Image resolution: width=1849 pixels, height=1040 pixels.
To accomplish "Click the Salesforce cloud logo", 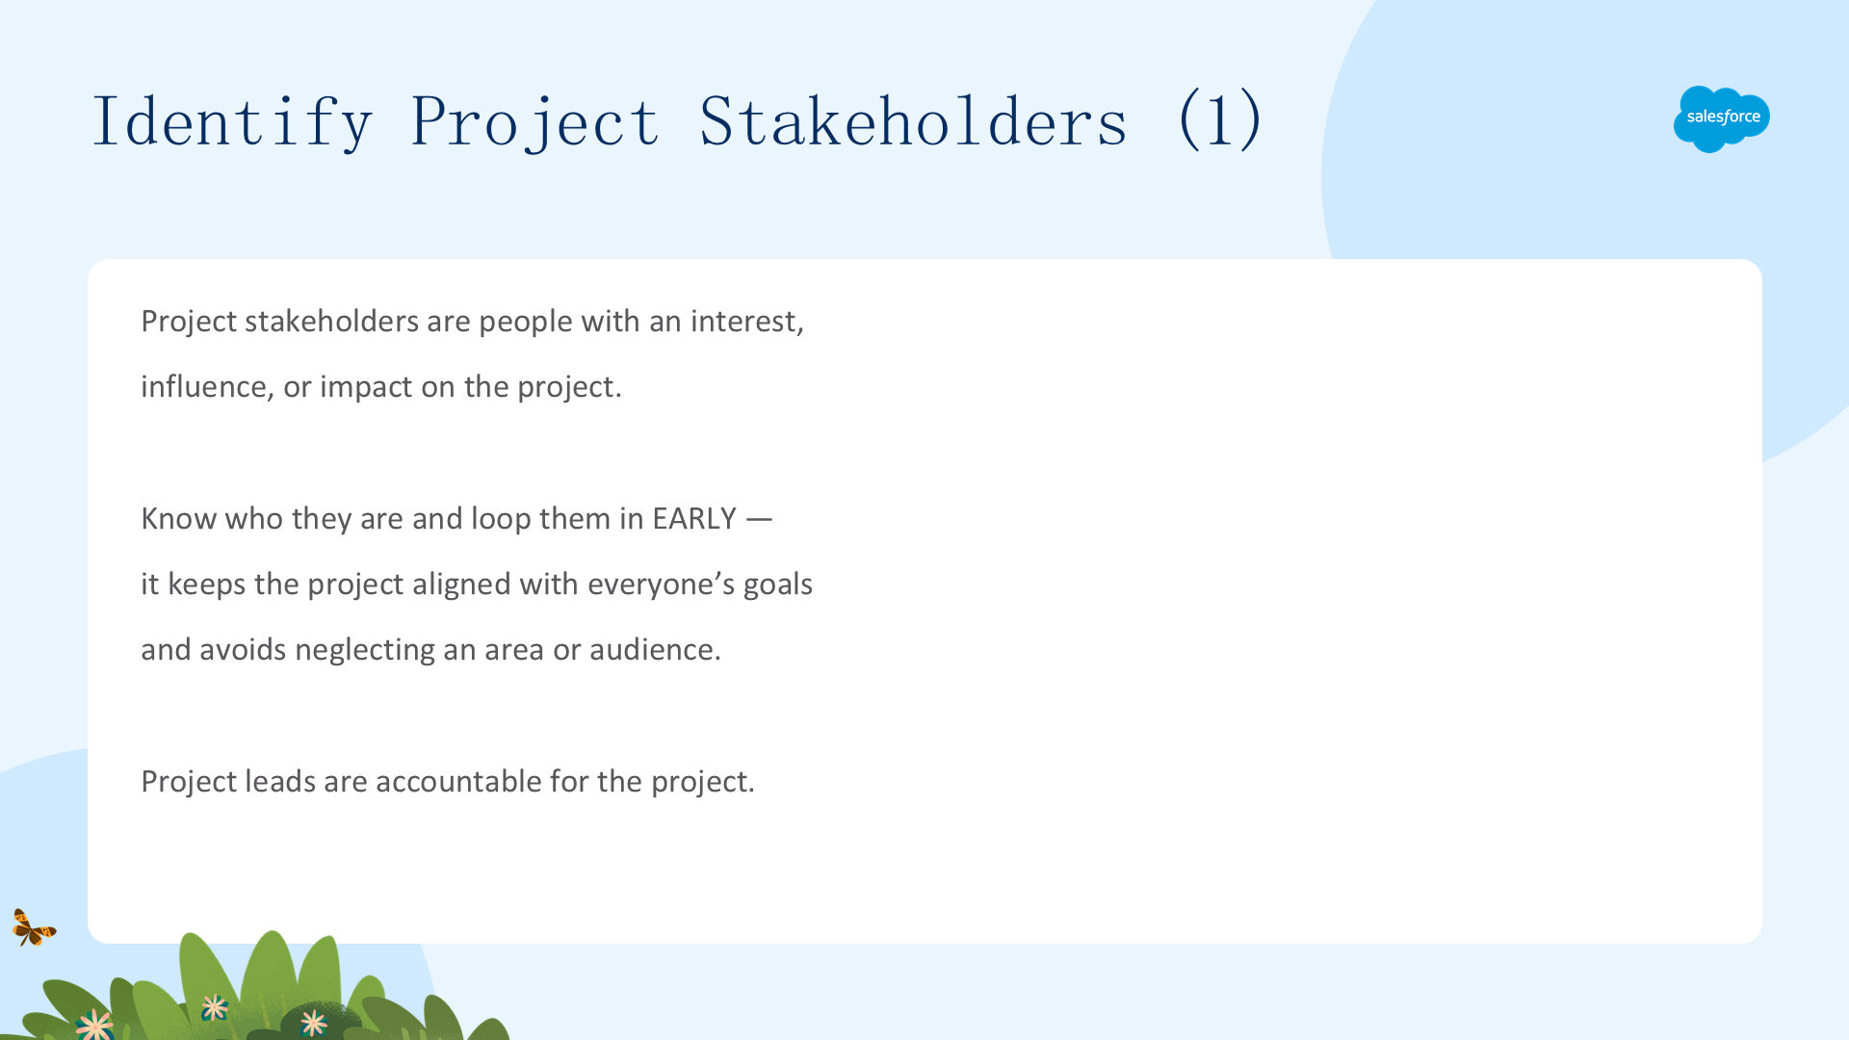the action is (x=1722, y=118).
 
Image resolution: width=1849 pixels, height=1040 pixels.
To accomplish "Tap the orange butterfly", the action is (x=34, y=927).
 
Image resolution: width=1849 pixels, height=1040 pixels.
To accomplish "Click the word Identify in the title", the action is (x=232, y=121).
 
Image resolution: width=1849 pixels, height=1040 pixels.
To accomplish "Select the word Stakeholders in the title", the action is (x=913, y=121).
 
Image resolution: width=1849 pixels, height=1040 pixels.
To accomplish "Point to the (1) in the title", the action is (x=1219, y=119).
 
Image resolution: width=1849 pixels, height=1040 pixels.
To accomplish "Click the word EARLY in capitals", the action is (x=694, y=519).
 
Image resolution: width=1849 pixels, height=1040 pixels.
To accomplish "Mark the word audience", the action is (x=655, y=650).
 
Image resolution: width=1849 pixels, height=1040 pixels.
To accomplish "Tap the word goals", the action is (x=778, y=585).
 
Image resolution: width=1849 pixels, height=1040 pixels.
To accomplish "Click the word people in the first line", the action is (x=526, y=323).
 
